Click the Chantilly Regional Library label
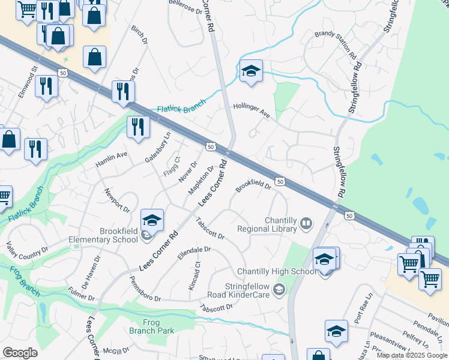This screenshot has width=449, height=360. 267,224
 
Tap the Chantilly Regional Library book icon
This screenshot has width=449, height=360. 307,224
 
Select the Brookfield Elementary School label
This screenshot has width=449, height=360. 103,235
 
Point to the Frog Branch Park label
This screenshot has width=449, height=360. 151,326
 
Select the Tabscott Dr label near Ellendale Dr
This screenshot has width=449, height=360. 209,227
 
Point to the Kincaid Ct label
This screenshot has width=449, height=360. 195,277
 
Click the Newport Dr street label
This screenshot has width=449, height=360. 116,200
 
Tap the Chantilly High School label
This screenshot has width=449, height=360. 277,271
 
